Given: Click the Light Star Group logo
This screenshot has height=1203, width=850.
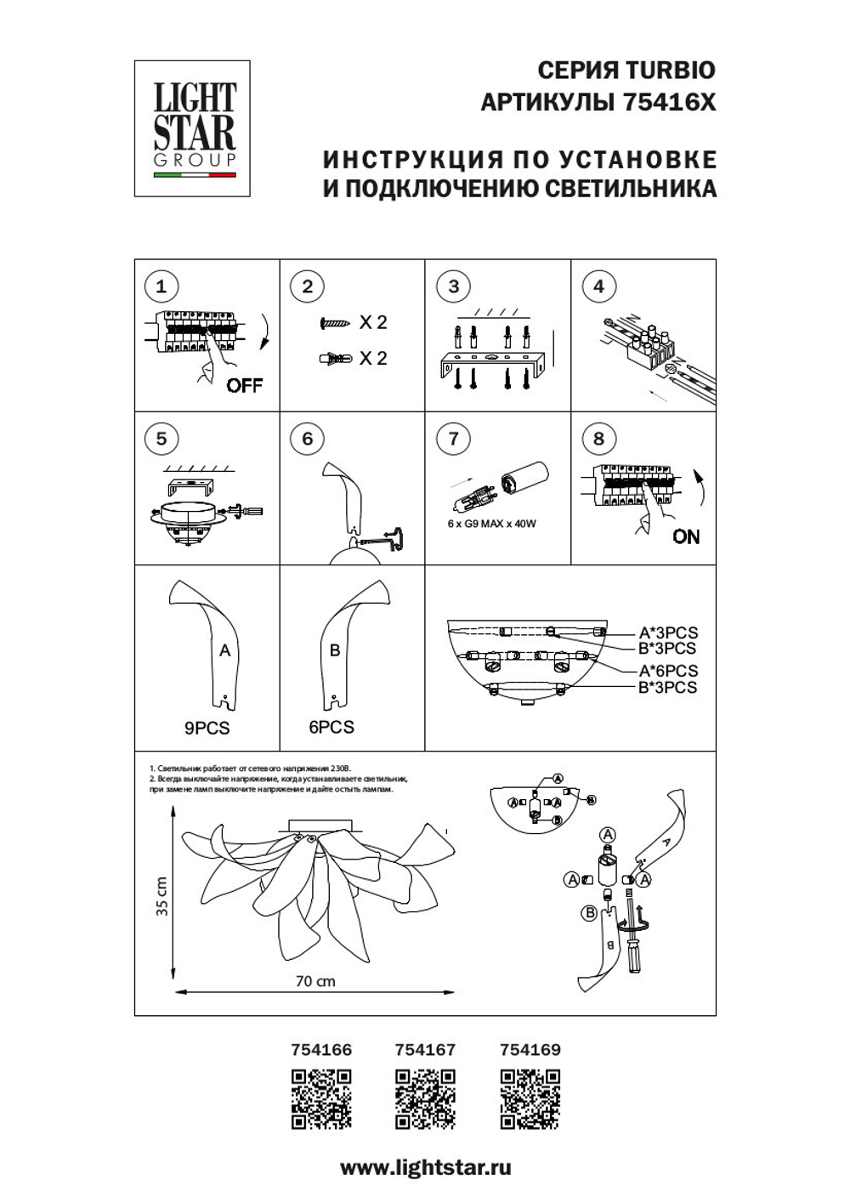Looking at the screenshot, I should coord(192,128).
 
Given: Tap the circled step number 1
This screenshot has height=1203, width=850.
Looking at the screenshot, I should coord(161,287).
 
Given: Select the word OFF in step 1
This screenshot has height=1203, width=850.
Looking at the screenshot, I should coord(245,385).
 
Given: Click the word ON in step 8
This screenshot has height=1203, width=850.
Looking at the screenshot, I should coord(686,536).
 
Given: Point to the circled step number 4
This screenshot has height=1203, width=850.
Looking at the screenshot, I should coord(598,287).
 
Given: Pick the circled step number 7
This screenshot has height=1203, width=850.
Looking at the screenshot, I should coord(453,439).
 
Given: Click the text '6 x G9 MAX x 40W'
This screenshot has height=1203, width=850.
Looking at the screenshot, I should coord(491,524).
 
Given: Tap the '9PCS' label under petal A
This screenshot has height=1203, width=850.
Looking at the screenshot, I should coord(207,728).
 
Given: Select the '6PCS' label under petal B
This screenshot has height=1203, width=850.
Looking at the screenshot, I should coord(331,727).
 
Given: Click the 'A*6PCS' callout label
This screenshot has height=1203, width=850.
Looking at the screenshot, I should coord(668,671).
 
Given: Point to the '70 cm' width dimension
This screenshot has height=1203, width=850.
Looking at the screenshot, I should coord(314,981).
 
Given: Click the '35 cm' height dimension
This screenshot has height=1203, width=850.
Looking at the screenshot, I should coord(161,897).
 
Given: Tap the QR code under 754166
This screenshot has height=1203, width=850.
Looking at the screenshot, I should coord(321,1099).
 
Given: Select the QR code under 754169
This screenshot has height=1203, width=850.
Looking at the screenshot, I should coord(530,1099).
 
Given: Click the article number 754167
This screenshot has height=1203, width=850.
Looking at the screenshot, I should coord(425,1050).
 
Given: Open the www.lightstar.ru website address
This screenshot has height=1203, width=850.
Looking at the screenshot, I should coord(425,1168).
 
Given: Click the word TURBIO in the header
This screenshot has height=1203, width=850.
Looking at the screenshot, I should coord(670,71).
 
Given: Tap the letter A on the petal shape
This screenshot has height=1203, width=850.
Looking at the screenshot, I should coord(224,650).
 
